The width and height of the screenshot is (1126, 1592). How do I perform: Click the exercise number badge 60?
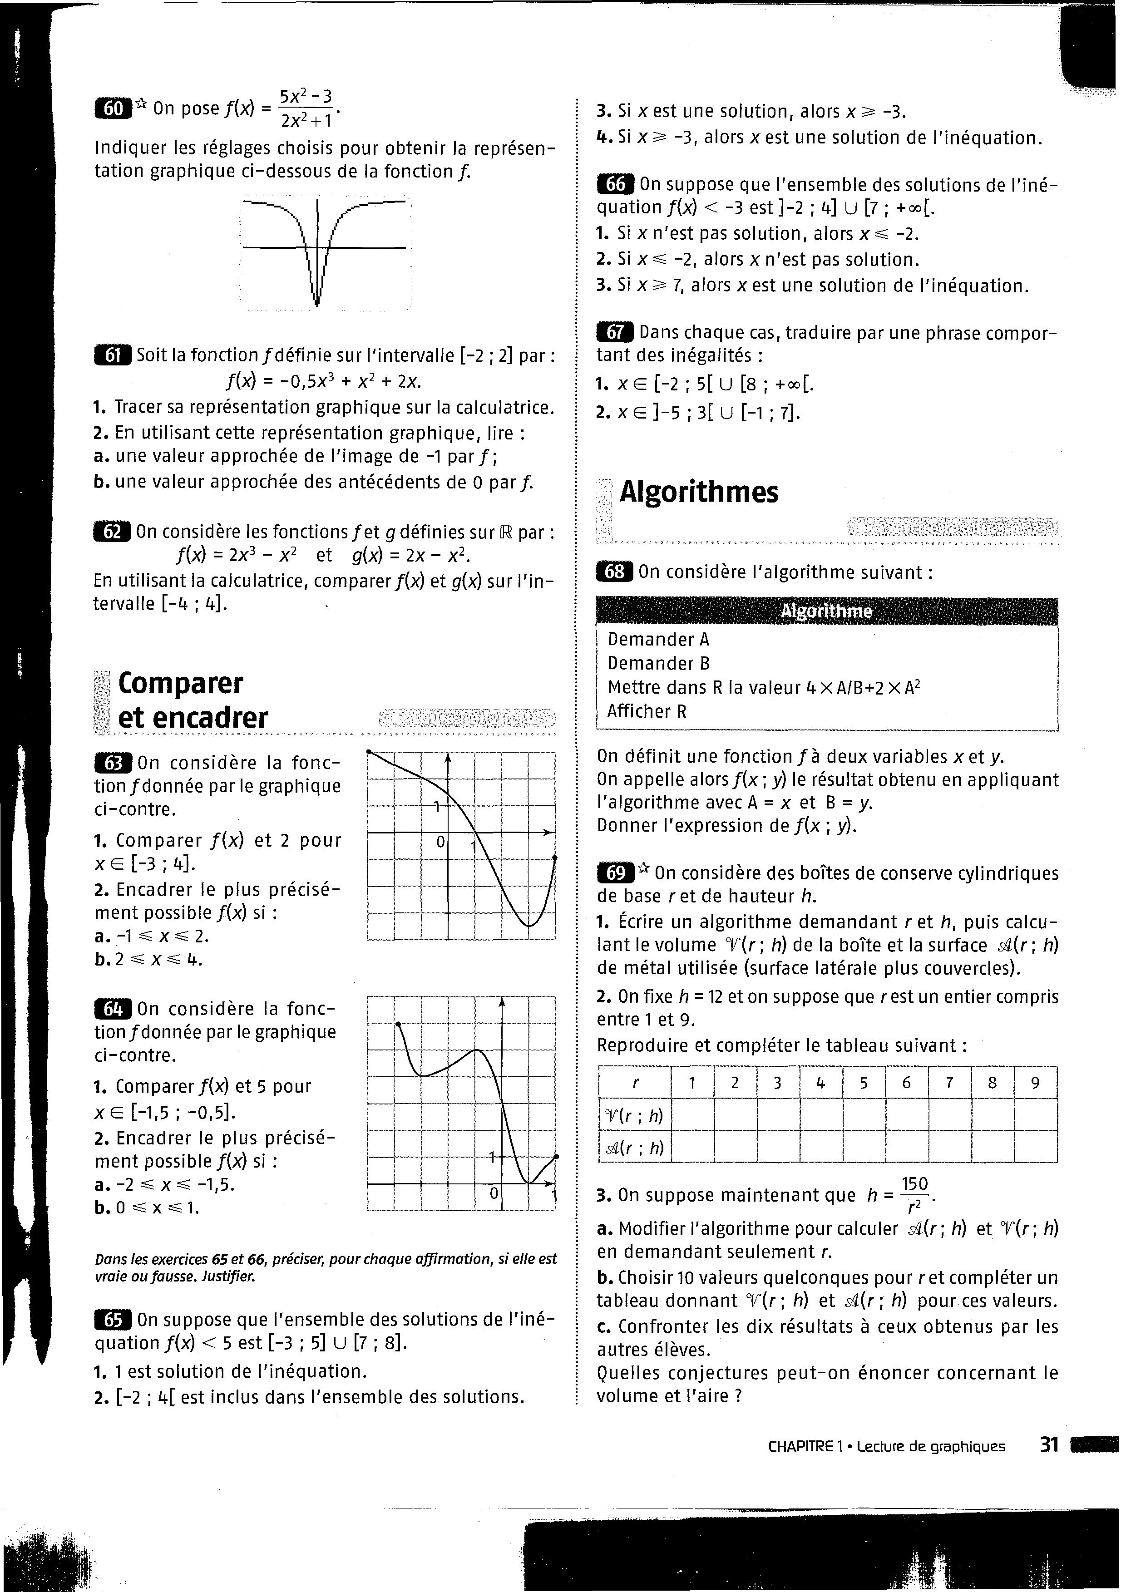pyautogui.click(x=113, y=109)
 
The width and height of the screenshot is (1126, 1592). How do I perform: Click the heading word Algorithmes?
pyautogui.click(x=699, y=492)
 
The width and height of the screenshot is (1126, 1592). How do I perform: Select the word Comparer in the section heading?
pyautogui.click(x=180, y=683)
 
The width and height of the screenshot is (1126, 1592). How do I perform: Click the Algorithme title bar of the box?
pyautogui.click(x=826, y=611)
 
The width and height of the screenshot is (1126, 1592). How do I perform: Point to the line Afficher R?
pyautogui.click(x=647, y=711)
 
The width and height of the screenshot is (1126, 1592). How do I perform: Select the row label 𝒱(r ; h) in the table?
pyautogui.click(x=634, y=1115)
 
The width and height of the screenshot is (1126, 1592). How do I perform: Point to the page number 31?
pyautogui.click(x=1049, y=1445)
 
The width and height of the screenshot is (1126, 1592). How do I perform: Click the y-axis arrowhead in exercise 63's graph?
pyautogui.click(x=448, y=759)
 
